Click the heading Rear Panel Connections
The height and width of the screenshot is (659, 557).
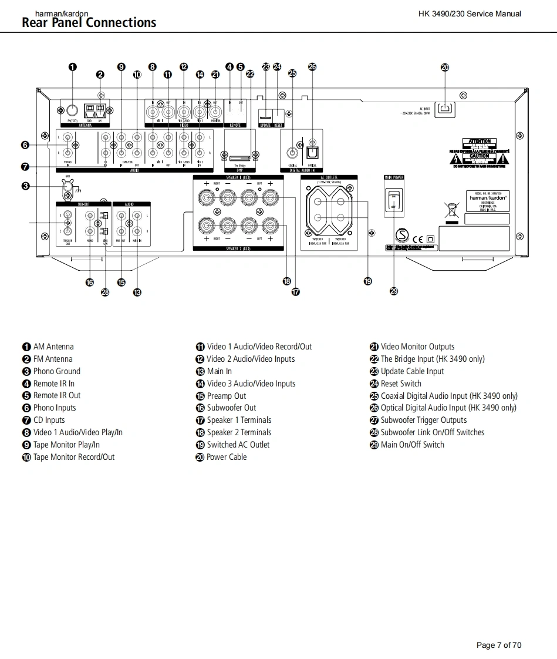(x=89, y=23)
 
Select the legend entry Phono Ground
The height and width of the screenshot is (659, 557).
(x=56, y=371)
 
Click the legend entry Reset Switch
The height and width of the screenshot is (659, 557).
(x=401, y=384)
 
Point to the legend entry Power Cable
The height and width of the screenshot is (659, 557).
(x=226, y=457)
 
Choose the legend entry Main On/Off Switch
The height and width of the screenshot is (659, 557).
(x=412, y=445)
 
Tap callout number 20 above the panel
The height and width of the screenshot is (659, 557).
(x=445, y=67)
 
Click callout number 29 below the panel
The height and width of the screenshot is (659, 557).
(x=394, y=291)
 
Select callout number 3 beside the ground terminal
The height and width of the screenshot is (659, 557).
(x=25, y=186)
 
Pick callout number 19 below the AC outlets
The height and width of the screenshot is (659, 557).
(x=367, y=281)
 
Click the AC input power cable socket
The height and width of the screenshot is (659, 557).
(x=446, y=108)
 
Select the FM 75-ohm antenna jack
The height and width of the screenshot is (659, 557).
(x=72, y=110)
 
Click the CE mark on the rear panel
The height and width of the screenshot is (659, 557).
(x=418, y=239)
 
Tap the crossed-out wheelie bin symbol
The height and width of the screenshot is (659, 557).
(x=451, y=210)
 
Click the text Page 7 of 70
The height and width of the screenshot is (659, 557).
(x=498, y=645)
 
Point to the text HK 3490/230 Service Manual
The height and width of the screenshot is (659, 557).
(x=469, y=14)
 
